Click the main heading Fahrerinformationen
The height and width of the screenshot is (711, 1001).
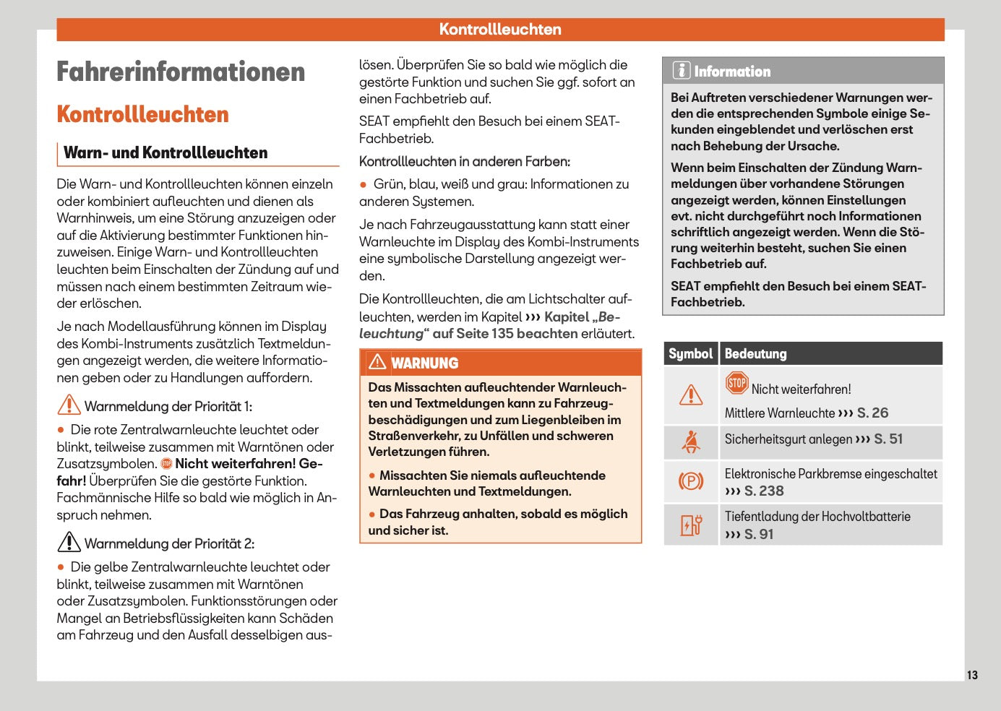click(181, 72)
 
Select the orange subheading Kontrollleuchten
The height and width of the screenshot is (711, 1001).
click(142, 114)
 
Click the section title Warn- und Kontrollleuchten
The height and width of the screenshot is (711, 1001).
click(166, 152)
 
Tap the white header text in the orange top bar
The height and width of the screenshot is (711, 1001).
click(500, 30)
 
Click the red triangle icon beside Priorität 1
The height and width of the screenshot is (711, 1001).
click(69, 405)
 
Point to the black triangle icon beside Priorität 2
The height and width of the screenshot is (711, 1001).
click(69, 542)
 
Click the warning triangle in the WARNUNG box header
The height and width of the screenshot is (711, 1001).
click(377, 362)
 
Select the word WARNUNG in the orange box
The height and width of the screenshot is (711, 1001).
click(425, 363)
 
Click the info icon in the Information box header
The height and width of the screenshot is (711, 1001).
click(681, 70)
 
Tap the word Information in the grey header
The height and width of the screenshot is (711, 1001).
click(732, 72)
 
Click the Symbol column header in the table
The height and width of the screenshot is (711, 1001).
click(690, 353)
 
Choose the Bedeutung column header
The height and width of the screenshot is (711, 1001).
click(755, 353)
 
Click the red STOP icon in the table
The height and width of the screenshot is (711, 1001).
click(736, 383)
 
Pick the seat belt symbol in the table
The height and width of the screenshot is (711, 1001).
click(691, 441)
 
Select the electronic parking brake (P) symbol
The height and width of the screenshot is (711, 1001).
click(691, 481)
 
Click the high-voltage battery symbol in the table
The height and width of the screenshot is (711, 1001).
click(691, 525)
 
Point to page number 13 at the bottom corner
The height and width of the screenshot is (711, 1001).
click(972, 675)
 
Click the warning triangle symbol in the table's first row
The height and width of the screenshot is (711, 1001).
click(691, 395)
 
